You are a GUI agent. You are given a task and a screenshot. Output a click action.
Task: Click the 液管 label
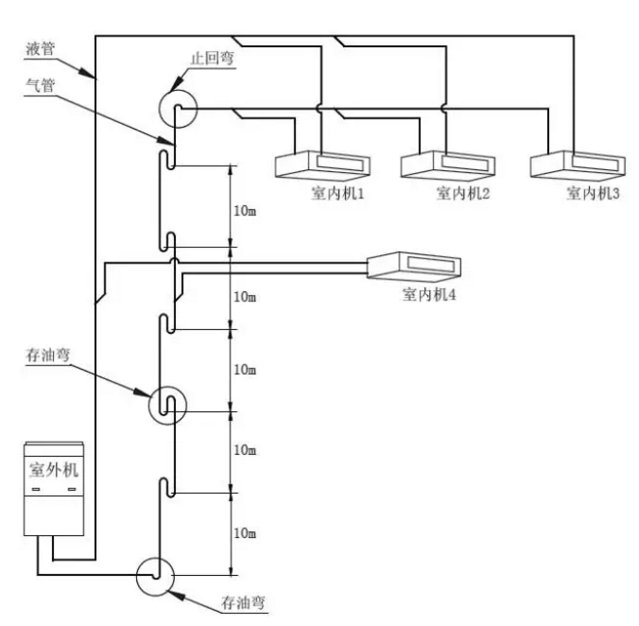[41, 49]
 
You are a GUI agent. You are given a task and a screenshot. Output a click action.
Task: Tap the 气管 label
[41, 86]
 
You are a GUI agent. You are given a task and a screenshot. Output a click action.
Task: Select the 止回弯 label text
[213, 58]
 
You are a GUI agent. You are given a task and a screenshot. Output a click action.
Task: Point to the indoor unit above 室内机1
[322, 165]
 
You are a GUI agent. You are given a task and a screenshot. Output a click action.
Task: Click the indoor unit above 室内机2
[448, 165]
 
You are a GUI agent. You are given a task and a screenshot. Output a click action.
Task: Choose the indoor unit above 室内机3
[578, 165]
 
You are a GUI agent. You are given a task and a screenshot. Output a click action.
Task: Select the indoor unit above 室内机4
[414, 267]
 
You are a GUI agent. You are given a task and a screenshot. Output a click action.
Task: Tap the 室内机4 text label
[429, 294]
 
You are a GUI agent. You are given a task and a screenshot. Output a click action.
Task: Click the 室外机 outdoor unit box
[54, 489]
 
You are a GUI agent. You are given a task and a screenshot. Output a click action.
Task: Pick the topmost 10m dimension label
[245, 211]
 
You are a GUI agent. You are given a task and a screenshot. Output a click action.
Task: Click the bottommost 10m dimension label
[245, 533]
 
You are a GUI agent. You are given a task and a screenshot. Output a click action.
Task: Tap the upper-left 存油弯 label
[47, 355]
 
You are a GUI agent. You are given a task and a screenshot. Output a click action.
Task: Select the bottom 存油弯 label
[243, 602]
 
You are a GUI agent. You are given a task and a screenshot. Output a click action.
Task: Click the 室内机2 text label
[463, 193]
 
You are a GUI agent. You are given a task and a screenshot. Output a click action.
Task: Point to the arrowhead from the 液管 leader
[91, 74]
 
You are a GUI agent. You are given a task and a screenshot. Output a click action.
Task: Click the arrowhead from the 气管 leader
[166, 141]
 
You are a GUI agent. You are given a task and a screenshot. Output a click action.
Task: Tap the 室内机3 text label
[593, 193]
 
